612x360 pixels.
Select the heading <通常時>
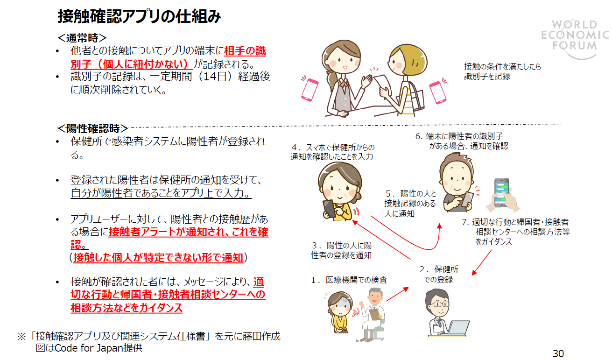pos(82,37)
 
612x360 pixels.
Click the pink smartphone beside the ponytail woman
pos(309,89)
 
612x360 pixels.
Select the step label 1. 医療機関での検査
pos(350,280)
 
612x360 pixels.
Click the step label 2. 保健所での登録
pos(438,275)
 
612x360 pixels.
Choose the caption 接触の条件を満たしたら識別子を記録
pos(502,71)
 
